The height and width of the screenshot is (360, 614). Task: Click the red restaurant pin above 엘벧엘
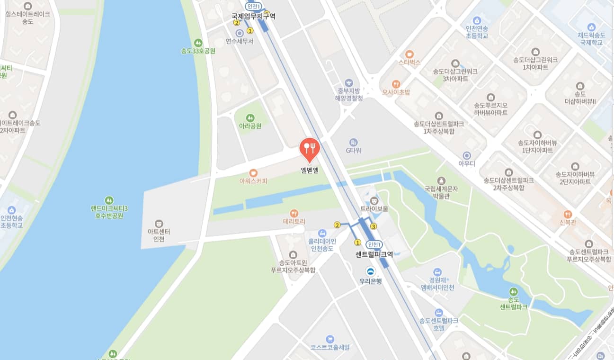(310, 147)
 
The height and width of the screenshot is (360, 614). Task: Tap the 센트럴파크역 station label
(374, 254)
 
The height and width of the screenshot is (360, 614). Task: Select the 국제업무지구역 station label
(253, 16)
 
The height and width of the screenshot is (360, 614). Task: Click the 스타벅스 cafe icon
(409, 54)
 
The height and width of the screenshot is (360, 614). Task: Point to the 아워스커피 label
(253, 181)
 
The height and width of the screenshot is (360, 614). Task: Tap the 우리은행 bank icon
(370, 271)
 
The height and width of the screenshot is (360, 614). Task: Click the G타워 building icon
(353, 142)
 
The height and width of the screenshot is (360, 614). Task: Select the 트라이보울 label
(374, 209)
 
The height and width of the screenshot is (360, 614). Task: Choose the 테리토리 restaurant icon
(294, 213)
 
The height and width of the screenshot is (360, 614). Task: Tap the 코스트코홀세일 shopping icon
(330, 339)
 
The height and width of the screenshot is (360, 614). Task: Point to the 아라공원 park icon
(250, 117)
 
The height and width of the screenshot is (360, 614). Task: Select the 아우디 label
(466, 164)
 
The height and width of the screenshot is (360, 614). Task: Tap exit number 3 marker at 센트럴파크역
(374, 226)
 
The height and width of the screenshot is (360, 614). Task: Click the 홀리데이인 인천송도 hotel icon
(322, 233)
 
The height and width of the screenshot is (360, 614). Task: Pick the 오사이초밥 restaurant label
(396, 92)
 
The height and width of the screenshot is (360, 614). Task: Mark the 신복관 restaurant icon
(568, 214)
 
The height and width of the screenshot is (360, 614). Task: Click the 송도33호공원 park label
(198, 51)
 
